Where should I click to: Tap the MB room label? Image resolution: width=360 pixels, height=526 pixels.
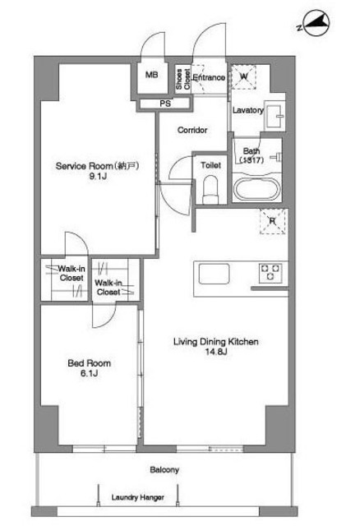pos(152,75)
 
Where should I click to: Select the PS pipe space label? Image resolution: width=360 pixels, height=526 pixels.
pos(165,104)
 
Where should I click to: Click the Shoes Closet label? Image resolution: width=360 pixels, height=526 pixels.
pos(183,79)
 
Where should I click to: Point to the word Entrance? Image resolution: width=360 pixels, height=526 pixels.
pos(209,77)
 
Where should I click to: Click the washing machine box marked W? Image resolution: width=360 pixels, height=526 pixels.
pos(243,76)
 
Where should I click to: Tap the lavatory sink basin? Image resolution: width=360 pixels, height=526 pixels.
pos(275,116)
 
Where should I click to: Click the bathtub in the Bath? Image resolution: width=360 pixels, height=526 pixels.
pos(257,189)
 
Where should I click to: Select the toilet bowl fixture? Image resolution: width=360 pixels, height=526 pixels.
pos(210,190)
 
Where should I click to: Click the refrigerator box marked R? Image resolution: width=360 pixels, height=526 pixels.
pos(273,221)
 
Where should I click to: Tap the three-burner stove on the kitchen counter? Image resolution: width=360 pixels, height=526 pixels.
pos(270,272)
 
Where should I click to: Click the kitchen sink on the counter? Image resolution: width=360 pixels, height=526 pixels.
pos(214,274)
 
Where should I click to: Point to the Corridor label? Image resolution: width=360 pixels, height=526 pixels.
pos(192,130)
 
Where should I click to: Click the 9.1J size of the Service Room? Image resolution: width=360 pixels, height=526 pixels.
pos(98,176)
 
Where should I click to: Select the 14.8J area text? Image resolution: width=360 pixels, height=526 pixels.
pos(216,352)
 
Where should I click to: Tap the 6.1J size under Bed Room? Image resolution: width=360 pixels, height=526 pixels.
pos(90,373)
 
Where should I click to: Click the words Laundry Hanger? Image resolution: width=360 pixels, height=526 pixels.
pos(138,497)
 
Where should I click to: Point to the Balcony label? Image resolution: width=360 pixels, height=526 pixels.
pos(164,469)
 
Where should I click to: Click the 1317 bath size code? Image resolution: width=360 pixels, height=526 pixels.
pos(252,160)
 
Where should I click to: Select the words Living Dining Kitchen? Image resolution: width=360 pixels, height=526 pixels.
pos(215,342)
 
